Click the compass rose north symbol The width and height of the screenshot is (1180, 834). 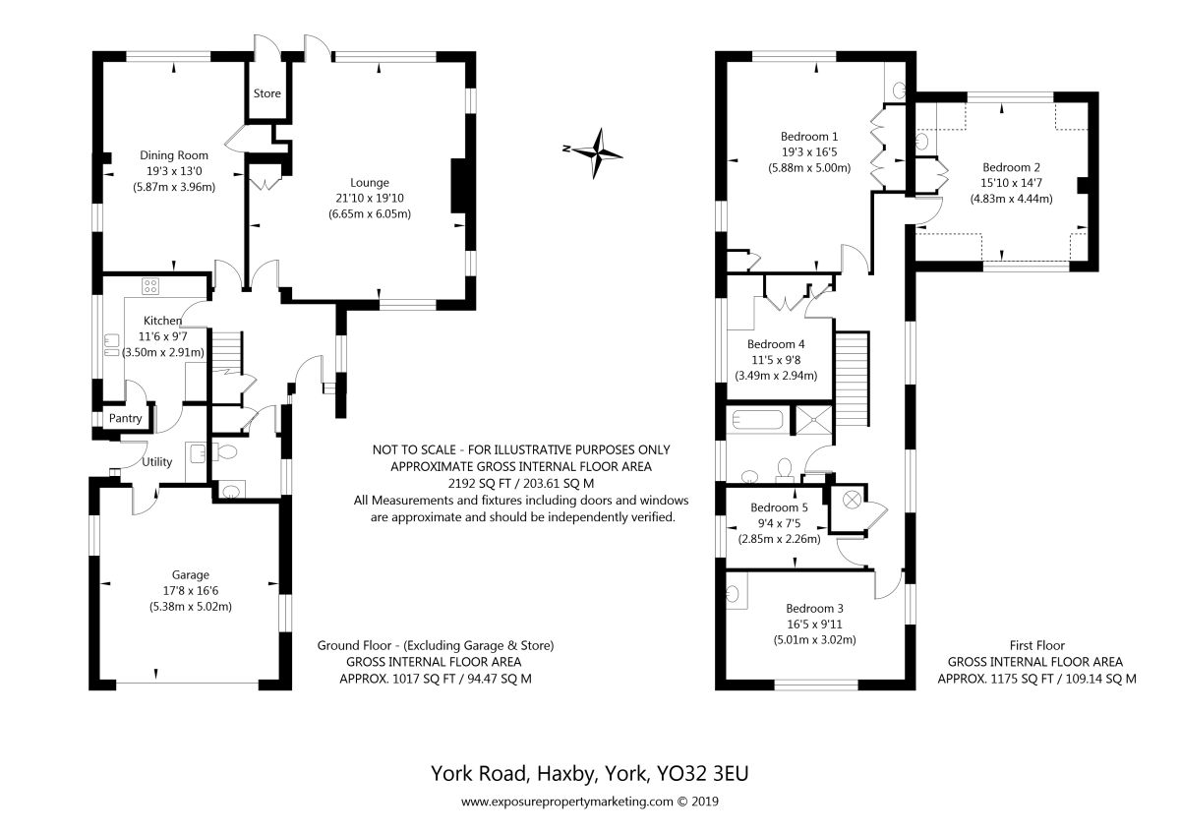pyautogui.click(x=598, y=153)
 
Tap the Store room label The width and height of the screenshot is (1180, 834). pyautogui.click(x=267, y=93)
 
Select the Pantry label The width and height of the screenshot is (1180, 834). pyautogui.click(x=126, y=418)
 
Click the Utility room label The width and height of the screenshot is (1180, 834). pyautogui.click(x=157, y=462)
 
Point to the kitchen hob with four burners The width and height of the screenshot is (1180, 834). pyautogui.click(x=150, y=286)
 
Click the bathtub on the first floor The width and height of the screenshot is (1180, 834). pyautogui.click(x=757, y=420)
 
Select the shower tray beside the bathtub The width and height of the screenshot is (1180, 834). pyautogui.click(x=814, y=420)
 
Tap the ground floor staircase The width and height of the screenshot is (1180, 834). pyautogui.click(x=227, y=351)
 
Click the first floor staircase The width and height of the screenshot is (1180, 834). pyautogui.click(x=853, y=379)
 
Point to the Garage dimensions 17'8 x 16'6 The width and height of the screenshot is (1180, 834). pyautogui.click(x=191, y=591)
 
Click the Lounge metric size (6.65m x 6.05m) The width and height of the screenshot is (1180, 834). pyautogui.click(x=370, y=213)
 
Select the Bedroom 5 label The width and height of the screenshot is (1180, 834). pyautogui.click(x=779, y=507)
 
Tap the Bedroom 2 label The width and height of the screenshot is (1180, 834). pyautogui.click(x=1012, y=167)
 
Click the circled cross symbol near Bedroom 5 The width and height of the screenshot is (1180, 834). pyautogui.click(x=853, y=500)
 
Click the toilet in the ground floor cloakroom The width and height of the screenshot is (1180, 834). pyautogui.click(x=225, y=452)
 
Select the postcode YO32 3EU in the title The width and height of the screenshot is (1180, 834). pyautogui.click(x=702, y=773)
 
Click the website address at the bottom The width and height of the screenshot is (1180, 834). pyautogui.click(x=566, y=802)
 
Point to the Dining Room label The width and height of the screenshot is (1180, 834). pyautogui.click(x=174, y=155)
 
